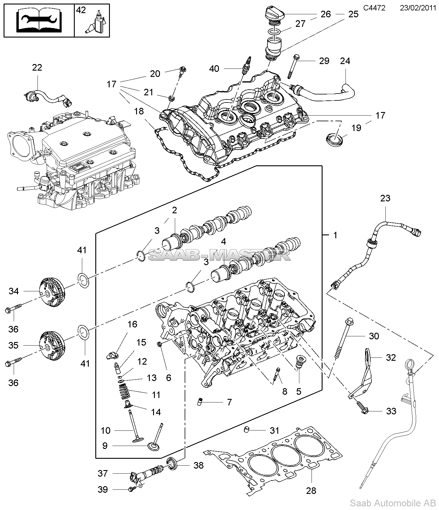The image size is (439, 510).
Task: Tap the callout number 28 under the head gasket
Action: click(x=311, y=490)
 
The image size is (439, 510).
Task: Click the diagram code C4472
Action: click(x=374, y=8)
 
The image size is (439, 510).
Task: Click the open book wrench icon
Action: click(x=39, y=21)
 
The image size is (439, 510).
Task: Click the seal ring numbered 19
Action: click(x=334, y=140)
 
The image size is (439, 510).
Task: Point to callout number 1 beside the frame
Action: click(x=335, y=235)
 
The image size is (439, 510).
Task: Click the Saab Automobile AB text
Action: click(x=392, y=503)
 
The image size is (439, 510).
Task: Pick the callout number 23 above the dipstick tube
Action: click(x=385, y=198)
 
